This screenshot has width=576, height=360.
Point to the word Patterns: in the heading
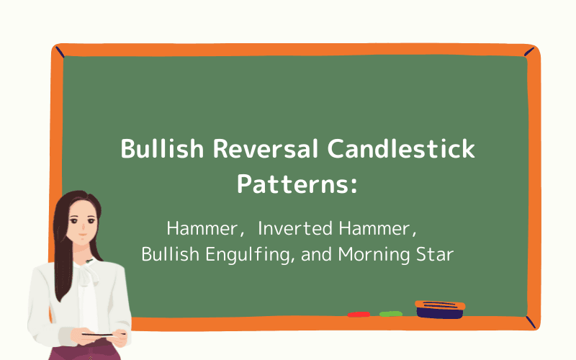[297, 184]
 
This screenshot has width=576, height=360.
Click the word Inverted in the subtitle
[292, 229]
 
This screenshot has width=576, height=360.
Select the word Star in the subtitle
[438, 255]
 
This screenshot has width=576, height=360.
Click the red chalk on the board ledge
[359, 315]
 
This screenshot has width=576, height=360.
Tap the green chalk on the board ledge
[390, 314]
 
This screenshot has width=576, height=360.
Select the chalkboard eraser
[439, 309]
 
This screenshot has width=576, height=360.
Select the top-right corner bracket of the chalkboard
[531, 52]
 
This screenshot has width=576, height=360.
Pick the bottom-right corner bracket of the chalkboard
[531, 322]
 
